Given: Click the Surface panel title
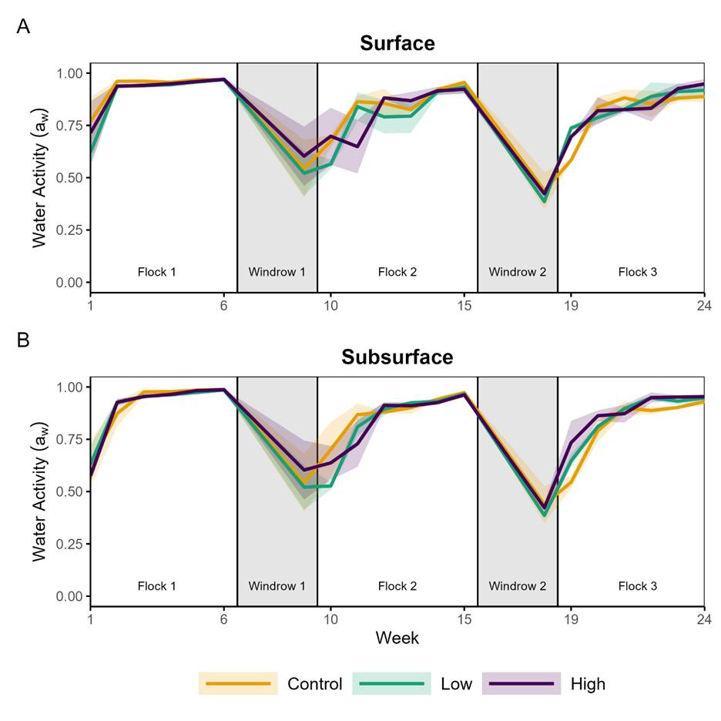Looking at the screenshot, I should (x=397, y=43).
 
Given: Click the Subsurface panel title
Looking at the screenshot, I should (x=397, y=357).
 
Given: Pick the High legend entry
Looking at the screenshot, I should (x=588, y=683).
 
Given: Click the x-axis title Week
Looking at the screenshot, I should (x=397, y=638).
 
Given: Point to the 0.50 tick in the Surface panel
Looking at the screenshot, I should (x=69, y=178).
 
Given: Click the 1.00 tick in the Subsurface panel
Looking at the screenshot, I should (x=69, y=387).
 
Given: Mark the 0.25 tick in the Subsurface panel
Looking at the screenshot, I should (x=69, y=544).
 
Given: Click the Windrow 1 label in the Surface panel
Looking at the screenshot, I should (x=277, y=272).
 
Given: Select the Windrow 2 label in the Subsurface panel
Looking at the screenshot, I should (x=518, y=586).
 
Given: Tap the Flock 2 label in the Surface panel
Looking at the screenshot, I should (x=397, y=272).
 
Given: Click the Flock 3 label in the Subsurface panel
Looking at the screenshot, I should (x=638, y=586).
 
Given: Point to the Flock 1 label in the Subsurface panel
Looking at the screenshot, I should (x=157, y=586).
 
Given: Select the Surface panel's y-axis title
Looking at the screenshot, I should (x=41, y=178).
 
